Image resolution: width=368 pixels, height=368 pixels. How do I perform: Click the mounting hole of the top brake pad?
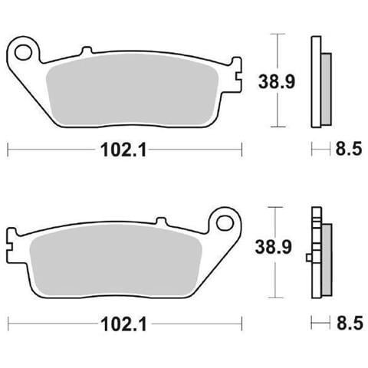coord(24,53)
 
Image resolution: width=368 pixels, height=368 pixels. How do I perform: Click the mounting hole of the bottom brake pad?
coord(225,223)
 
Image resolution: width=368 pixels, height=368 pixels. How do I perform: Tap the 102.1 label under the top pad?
coord(123,149)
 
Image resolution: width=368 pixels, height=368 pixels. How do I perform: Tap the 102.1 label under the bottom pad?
coord(123,324)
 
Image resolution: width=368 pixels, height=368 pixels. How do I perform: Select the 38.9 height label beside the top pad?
coord(277,81)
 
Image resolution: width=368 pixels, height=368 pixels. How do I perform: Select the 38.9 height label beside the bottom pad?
coord(274,247)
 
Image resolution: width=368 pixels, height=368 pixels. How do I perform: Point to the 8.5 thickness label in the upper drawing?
coord(349,149)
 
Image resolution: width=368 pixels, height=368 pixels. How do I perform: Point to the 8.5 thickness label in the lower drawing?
coord(350,323)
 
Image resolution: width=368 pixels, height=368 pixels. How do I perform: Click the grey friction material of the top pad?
coord(132,90)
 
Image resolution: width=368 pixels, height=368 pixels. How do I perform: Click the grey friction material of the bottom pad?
coord(117,260)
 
